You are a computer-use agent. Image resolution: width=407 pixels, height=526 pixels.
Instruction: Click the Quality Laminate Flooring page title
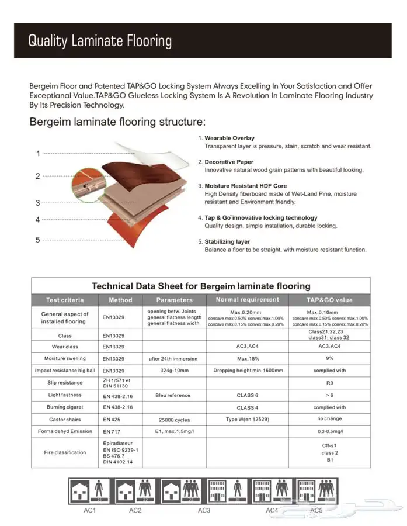click(x=100, y=41)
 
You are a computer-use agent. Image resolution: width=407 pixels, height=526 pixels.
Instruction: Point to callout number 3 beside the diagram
click(x=38, y=203)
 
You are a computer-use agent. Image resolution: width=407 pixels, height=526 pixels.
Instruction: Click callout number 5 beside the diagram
click(x=38, y=240)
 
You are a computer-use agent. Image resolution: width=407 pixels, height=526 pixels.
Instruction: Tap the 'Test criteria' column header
click(x=65, y=300)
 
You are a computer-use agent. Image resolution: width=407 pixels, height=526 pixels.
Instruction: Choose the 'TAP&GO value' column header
click(x=329, y=300)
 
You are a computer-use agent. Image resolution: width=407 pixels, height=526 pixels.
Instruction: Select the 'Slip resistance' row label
click(x=65, y=383)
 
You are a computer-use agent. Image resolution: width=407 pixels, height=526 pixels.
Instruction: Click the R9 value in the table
click(x=329, y=383)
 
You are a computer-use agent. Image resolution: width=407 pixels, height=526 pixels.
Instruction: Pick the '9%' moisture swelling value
click(x=329, y=358)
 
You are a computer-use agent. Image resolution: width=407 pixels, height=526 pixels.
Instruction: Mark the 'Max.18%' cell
click(x=248, y=358)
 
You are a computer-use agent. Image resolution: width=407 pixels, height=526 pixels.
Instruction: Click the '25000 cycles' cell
click(x=173, y=420)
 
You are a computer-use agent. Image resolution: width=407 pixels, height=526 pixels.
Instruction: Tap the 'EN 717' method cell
click(x=112, y=432)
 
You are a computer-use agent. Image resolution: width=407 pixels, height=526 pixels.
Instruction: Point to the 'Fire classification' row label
click(x=65, y=452)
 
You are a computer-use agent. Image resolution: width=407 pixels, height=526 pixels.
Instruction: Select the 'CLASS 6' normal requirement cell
click(x=248, y=395)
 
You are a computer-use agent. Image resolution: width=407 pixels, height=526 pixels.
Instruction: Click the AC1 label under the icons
click(x=90, y=510)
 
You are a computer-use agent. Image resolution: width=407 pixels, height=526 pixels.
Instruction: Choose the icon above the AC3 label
click(x=182, y=491)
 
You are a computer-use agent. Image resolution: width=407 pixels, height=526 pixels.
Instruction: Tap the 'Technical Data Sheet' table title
click(x=201, y=286)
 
